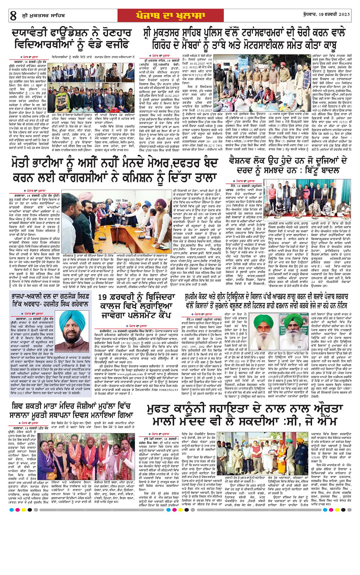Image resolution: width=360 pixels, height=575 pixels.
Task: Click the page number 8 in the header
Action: (13, 15)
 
